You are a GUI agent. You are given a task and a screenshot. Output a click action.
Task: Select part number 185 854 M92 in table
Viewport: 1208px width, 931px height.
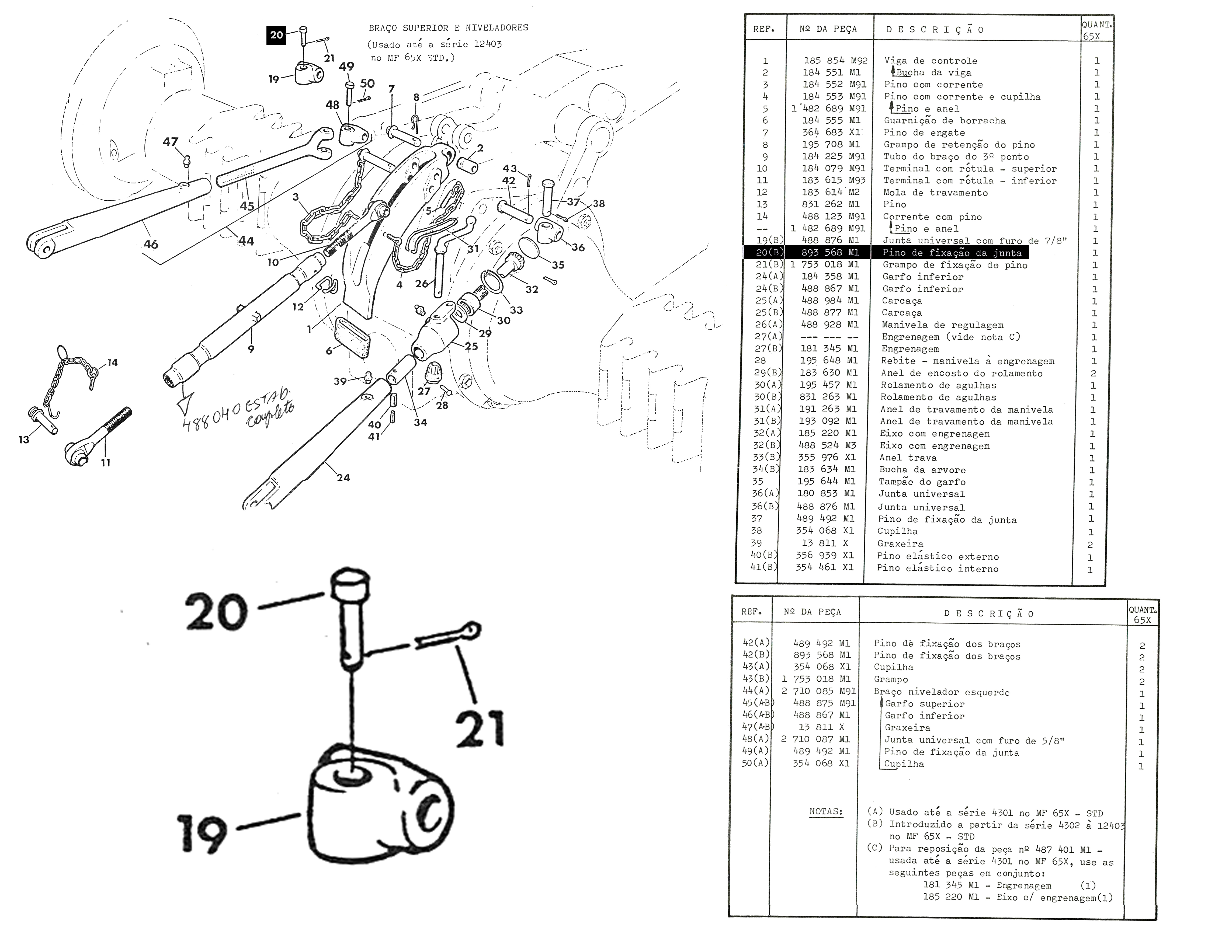click(x=835, y=61)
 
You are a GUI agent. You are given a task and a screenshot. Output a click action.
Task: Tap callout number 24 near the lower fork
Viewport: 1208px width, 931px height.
click(x=343, y=478)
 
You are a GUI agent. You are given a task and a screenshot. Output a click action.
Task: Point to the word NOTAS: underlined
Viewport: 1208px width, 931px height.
click(x=826, y=812)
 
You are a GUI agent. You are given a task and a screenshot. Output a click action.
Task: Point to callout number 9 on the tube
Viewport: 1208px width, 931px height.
click(x=251, y=349)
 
